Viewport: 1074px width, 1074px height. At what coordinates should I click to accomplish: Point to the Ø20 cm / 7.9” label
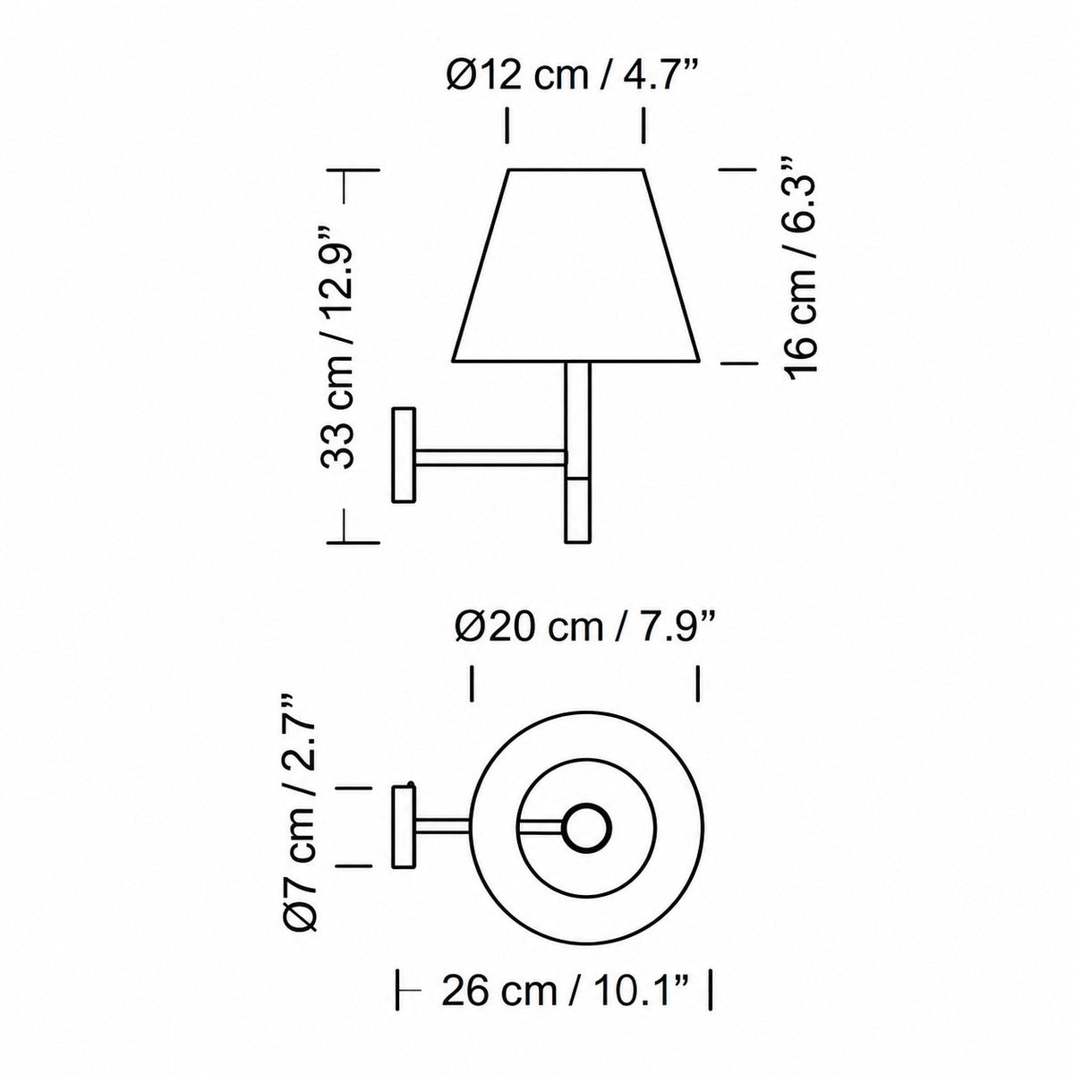584,627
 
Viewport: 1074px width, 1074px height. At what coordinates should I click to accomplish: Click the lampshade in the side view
575,265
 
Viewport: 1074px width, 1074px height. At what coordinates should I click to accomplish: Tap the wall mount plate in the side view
404,455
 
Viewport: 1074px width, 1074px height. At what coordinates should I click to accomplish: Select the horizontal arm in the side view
490,457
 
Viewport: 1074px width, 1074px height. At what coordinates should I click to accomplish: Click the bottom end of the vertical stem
577,541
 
